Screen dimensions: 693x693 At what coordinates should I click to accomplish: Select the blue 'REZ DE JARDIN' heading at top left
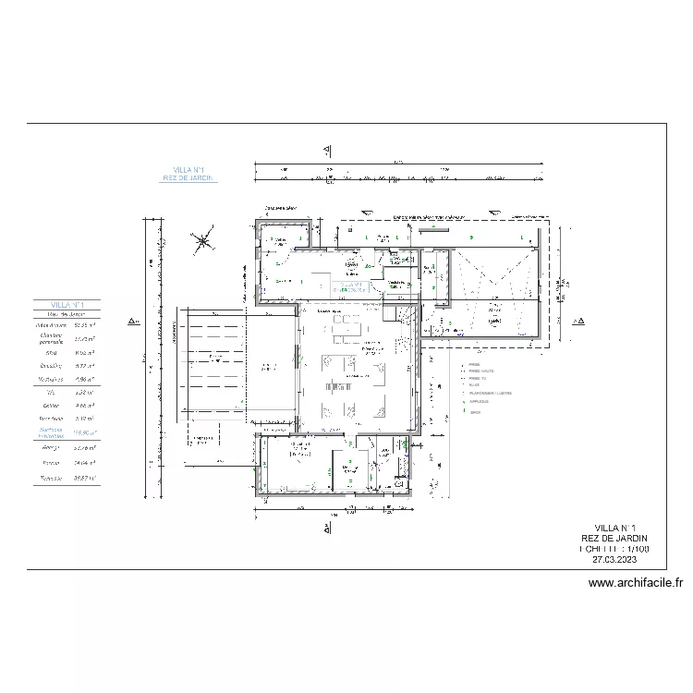click(x=189, y=178)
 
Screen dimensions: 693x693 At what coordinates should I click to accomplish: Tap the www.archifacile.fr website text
click(x=635, y=583)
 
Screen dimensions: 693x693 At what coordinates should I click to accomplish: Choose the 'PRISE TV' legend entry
click(x=477, y=378)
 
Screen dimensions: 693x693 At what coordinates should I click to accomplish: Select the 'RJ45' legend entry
click(x=475, y=385)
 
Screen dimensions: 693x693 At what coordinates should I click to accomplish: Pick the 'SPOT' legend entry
click(x=476, y=412)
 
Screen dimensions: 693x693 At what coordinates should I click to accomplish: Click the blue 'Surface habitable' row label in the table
click(x=51, y=432)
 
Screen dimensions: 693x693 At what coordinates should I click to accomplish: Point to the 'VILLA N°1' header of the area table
click(x=67, y=304)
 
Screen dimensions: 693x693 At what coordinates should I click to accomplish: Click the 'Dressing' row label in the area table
click(x=50, y=366)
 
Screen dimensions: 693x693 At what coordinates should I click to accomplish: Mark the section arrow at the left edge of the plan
click(x=133, y=322)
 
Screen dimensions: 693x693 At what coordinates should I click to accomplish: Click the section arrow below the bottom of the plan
click(x=327, y=528)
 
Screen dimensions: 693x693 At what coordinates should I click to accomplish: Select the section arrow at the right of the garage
click(x=579, y=322)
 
